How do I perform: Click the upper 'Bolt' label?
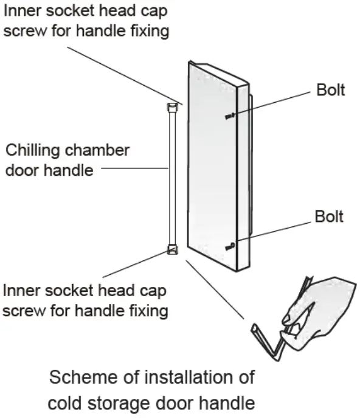(330, 90)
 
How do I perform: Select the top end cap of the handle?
(172, 108)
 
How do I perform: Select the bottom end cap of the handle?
(172, 249)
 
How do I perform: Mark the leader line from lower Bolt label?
(274, 229)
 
